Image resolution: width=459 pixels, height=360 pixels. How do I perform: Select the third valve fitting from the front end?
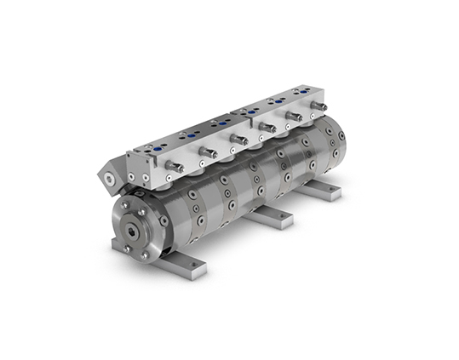click(240, 139)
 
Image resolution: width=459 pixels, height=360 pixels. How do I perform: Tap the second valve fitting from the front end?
click(207, 152)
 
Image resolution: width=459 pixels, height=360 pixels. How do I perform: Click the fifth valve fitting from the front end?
click(295, 117)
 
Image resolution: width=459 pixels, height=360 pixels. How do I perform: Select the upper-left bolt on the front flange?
click(125, 205)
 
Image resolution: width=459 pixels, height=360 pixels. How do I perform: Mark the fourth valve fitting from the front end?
click(267, 128)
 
